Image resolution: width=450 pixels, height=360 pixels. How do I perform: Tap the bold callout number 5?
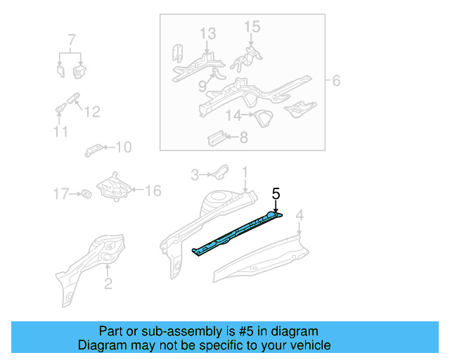point(276,193)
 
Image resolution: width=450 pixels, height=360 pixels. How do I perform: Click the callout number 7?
point(70,39)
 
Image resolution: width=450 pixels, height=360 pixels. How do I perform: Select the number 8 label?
point(243,138)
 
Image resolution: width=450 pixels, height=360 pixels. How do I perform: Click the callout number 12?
point(92,111)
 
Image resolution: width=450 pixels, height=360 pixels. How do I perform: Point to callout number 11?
point(60,132)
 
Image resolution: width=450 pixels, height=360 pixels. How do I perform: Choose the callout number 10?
point(123,147)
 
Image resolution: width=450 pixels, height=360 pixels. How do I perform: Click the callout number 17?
point(61,193)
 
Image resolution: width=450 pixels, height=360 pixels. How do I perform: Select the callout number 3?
point(196,173)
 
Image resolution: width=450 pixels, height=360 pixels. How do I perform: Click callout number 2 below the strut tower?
point(108,283)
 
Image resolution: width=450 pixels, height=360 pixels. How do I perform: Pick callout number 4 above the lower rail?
point(300,215)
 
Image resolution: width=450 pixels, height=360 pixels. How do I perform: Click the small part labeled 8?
point(216,136)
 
